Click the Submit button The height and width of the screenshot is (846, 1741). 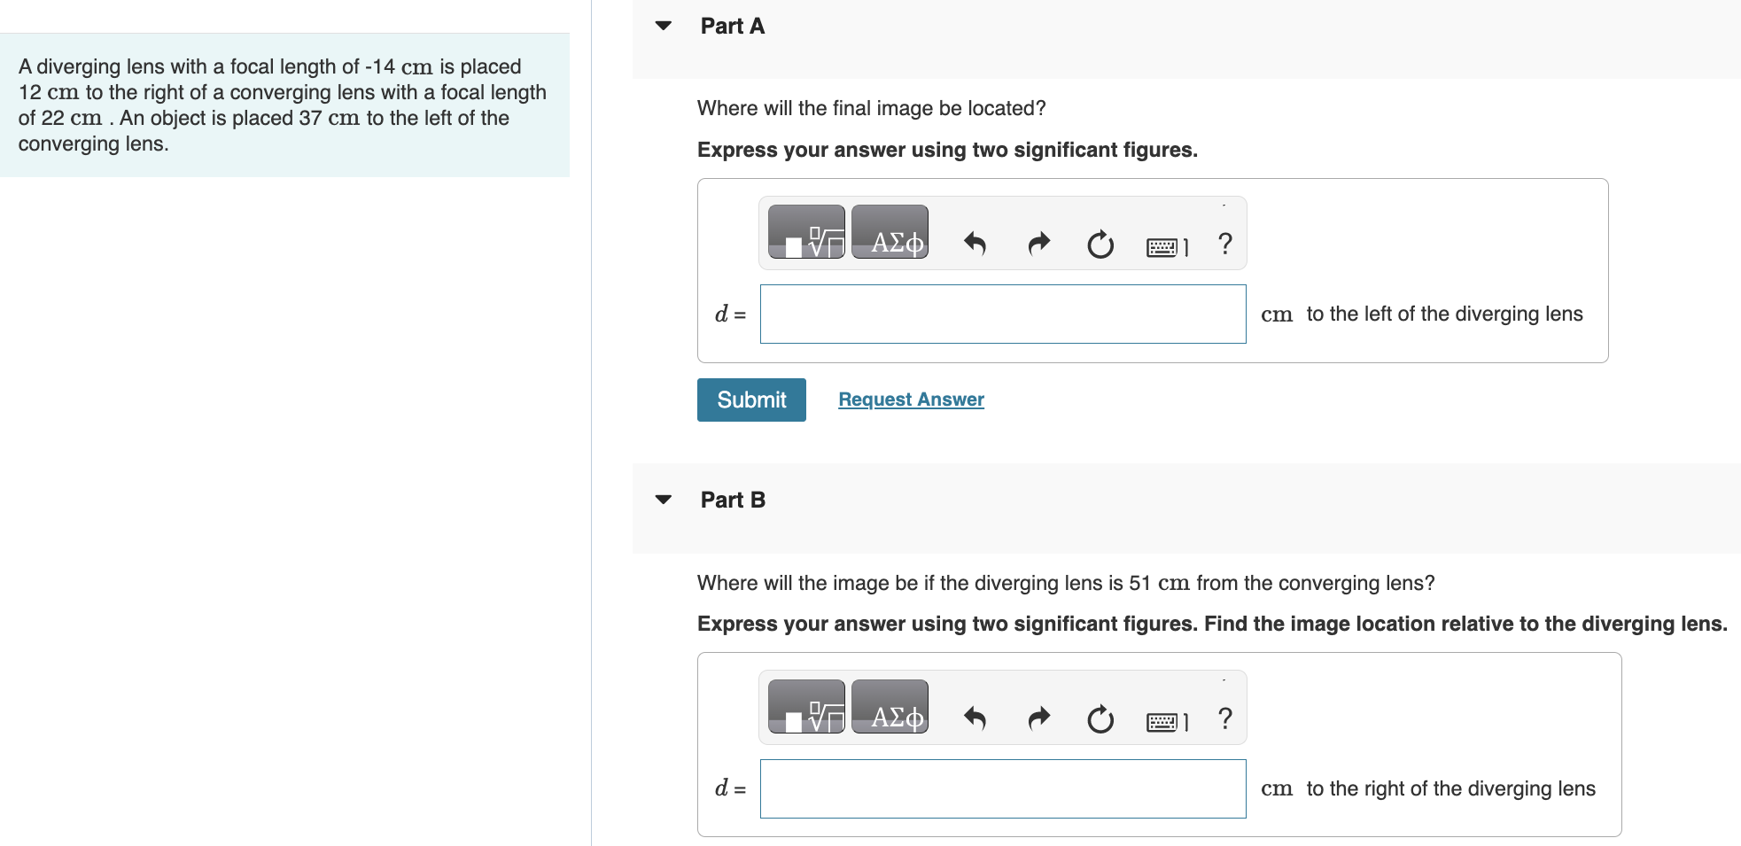tap(751, 400)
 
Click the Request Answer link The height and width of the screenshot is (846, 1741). tap(911, 400)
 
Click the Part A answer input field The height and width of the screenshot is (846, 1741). tap(1002, 314)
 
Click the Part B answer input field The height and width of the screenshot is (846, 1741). tap(1002, 788)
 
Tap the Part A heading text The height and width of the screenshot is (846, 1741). tap(732, 27)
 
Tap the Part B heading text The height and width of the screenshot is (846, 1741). tap(732, 501)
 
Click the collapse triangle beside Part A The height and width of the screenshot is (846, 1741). tap(664, 26)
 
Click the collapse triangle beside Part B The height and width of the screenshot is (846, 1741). tap(664, 500)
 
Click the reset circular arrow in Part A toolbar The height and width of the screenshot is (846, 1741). tap(1100, 244)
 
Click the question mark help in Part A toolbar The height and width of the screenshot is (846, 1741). tap(1225, 244)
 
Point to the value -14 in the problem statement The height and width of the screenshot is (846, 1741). tap(379, 66)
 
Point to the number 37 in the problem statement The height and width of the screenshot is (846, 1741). tap(310, 118)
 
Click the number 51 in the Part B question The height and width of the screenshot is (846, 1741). tap(1139, 583)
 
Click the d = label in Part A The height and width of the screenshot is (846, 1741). tap(730, 314)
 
